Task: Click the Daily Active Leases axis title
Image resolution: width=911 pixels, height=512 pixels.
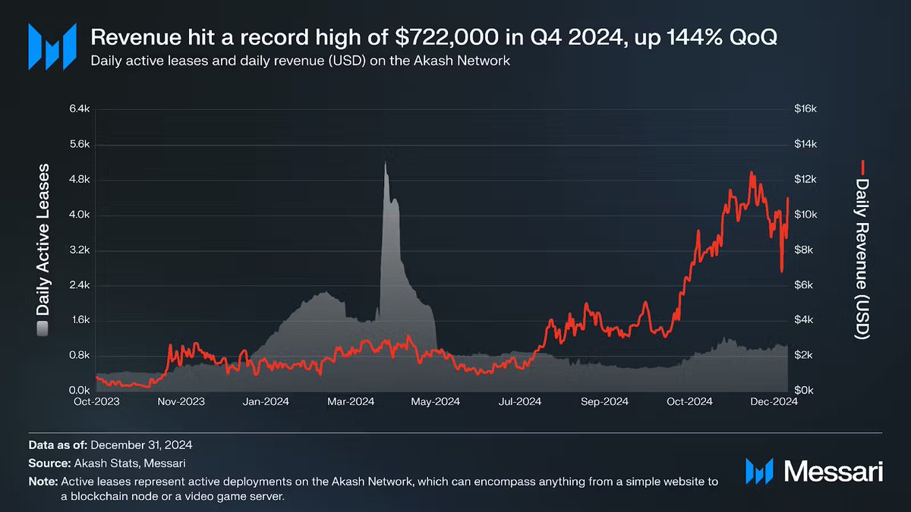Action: (x=43, y=241)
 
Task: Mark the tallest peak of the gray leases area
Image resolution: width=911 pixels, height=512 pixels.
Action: (x=385, y=162)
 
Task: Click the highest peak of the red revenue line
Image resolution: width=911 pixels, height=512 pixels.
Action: (x=752, y=173)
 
